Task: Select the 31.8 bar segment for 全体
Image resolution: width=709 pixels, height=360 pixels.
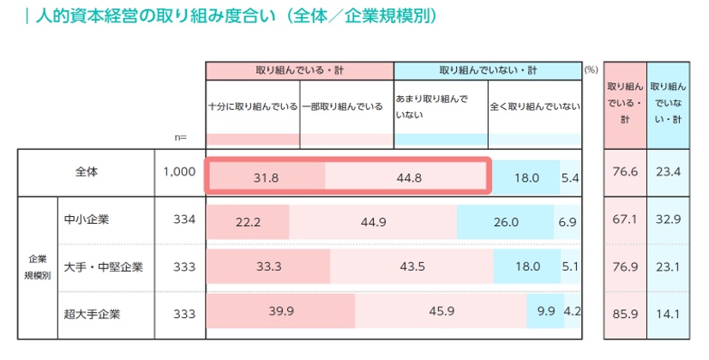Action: tap(265, 177)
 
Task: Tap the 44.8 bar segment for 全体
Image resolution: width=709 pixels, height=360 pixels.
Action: tap(406, 177)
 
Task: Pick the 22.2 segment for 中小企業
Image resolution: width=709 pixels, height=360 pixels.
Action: tap(248, 221)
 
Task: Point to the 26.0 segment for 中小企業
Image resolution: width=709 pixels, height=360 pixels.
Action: tap(505, 221)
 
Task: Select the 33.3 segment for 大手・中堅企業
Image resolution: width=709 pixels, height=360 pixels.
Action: tap(269, 267)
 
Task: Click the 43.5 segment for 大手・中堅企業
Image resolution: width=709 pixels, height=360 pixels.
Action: tap(413, 267)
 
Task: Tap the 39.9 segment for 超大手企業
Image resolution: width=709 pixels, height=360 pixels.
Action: tap(281, 311)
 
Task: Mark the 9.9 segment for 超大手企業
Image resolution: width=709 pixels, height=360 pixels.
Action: tap(545, 311)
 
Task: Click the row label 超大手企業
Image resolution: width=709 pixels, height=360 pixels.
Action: tap(93, 313)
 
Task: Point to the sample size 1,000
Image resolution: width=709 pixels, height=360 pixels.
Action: tap(179, 172)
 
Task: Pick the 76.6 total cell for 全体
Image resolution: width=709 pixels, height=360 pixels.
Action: tap(625, 172)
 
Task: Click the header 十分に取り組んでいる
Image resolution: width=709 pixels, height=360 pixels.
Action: tap(253, 107)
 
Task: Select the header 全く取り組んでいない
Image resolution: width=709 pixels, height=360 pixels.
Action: tap(533, 107)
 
